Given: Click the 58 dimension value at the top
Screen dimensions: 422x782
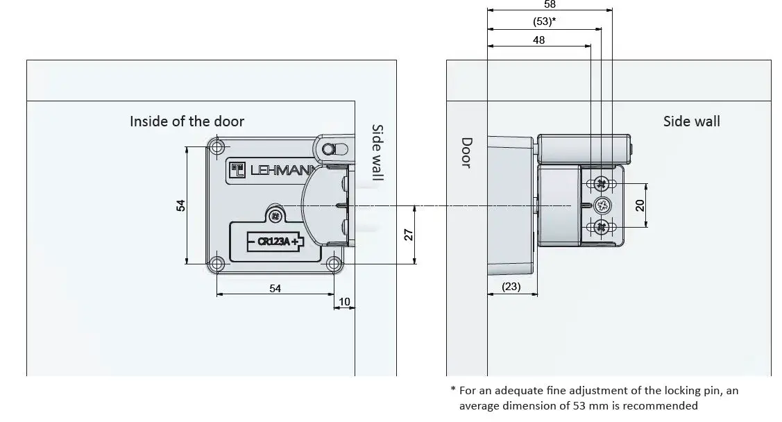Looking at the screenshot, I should coord(550,4).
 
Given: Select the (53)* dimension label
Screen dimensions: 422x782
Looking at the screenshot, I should coord(544,22).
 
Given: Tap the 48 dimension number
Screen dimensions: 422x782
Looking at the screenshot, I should coord(538,40).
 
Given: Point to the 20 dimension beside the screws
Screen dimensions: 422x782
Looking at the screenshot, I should coord(640,205).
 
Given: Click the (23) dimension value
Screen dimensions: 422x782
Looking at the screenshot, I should coord(511,287).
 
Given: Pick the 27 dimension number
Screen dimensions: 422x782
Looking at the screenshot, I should coord(409,235).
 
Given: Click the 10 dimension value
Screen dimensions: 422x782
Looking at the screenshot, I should coord(344,301).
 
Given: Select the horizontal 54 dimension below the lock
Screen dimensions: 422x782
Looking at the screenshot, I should coord(275,288).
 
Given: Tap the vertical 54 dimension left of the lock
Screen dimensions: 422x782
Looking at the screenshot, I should coord(180,205).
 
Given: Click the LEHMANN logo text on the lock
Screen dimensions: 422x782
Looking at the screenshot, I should coord(275,171).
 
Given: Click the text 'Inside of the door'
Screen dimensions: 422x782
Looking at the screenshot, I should coord(187,121).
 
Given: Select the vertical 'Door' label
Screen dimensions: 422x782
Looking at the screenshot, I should coord(466,152).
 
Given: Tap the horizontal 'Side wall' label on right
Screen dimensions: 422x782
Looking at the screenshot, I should coord(691,121).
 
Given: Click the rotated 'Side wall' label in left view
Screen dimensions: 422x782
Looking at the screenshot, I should coord(377,153).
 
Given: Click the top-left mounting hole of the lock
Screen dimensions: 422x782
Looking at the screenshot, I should coord(217,147).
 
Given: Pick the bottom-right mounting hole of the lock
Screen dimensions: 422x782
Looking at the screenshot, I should coord(334,264).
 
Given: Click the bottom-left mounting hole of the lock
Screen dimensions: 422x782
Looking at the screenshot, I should coord(217,264).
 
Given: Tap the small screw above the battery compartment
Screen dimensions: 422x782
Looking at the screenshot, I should coord(276,215).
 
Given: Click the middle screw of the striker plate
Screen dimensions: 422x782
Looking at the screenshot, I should coord(601,205).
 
